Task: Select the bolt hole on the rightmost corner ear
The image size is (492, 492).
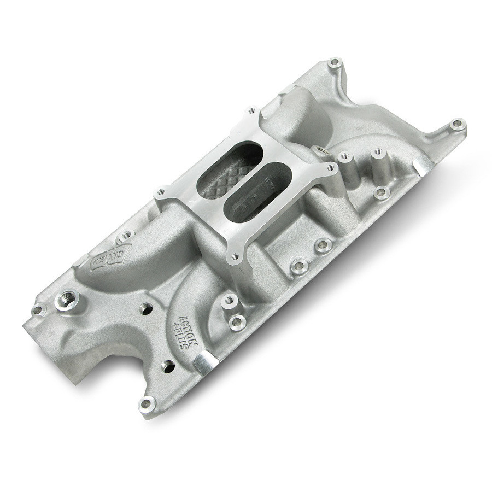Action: pyautogui.click(x=455, y=125)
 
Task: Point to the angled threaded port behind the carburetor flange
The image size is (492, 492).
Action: pyautogui.click(x=318, y=149)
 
